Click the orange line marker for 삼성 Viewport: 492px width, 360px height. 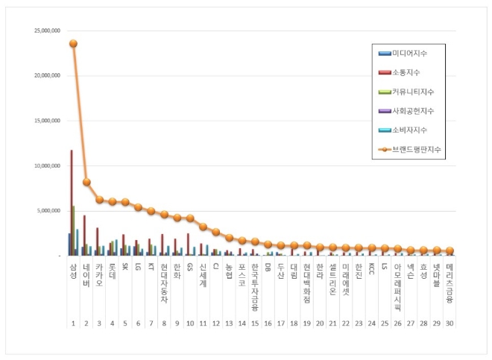tap(73, 43)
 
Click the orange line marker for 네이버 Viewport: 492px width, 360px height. tap(86, 182)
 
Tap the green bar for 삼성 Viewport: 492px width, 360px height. tap(74, 230)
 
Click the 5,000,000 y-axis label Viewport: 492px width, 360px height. tap(48, 210)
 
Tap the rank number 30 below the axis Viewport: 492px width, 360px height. tap(449, 323)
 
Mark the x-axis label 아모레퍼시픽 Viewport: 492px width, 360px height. tap(397, 282)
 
